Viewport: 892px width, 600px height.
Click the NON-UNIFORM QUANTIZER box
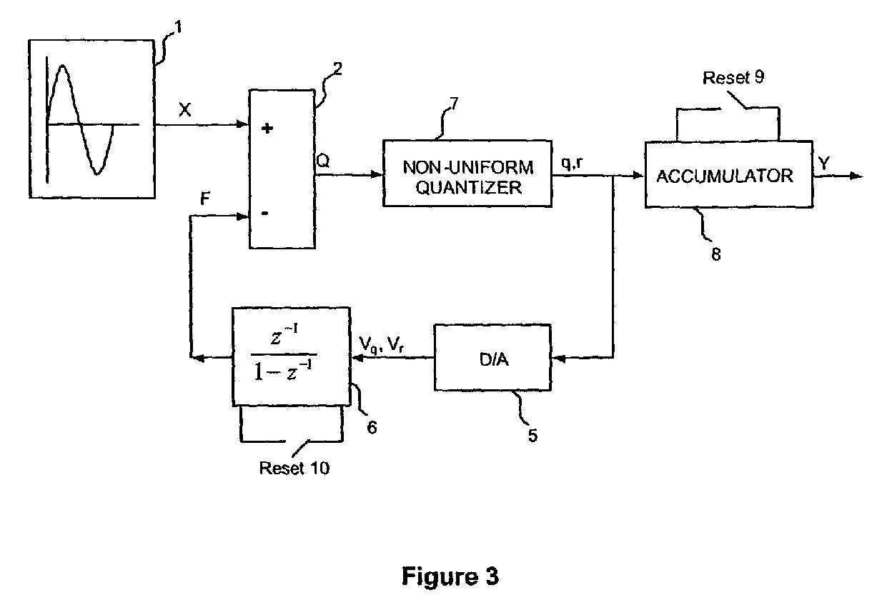(x=467, y=174)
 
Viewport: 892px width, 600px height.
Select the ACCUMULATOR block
(x=729, y=174)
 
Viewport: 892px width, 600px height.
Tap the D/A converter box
(x=492, y=358)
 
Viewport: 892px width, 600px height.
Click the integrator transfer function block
(x=291, y=356)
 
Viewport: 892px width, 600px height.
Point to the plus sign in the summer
(x=267, y=128)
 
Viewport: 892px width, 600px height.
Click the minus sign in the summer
(x=264, y=214)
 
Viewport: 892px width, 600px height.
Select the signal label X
(x=185, y=109)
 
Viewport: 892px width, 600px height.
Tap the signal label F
(x=204, y=198)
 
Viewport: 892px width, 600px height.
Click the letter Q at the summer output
(x=323, y=161)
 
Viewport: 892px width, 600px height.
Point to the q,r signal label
(x=573, y=162)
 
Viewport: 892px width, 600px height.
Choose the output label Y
(x=824, y=163)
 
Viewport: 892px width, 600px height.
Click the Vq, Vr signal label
(x=381, y=344)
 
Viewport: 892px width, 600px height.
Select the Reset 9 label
(x=733, y=77)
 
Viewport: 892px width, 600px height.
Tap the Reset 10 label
(x=294, y=469)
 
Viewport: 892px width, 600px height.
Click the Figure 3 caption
(x=450, y=576)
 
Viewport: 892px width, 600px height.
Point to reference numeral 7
(x=453, y=104)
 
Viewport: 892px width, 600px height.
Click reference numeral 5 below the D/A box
(x=532, y=435)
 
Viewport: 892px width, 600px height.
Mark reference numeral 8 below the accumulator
(x=716, y=254)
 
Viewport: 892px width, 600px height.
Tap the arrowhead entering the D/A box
(x=559, y=359)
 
